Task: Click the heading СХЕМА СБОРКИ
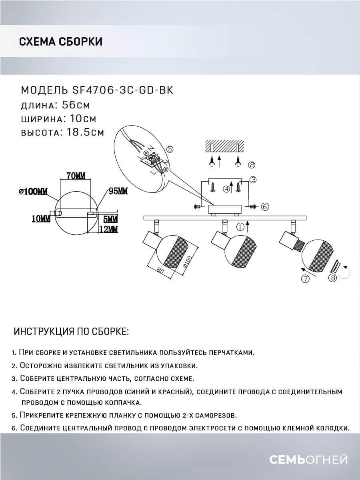[x=60, y=42]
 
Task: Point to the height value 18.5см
[x=83, y=132]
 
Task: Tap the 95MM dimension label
[x=118, y=191]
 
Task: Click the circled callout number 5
[x=170, y=149]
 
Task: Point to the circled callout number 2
[x=252, y=164]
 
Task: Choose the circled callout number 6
[x=264, y=206]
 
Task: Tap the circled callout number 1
[x=240, y=227]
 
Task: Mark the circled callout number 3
[x=253, y=180]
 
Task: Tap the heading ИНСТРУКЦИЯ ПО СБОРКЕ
[x=71, y=332]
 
